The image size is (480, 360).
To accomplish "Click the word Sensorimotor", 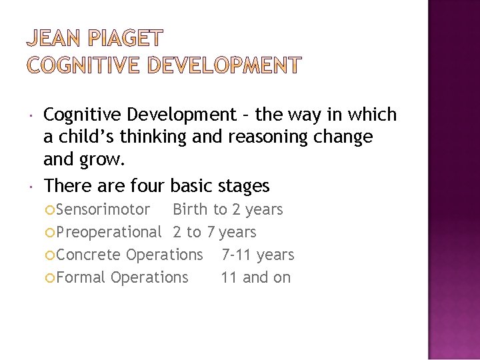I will click(x=103, y=209).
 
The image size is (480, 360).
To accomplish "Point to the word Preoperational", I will click(x=109, y=232).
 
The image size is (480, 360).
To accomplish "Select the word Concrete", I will click(x=89, y=255).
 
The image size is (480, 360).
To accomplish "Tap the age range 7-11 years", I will click(x=257, y=255).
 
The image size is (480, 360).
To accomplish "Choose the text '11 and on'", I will click(x=256, y=277).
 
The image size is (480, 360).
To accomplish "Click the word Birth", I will click(x=191, y=209).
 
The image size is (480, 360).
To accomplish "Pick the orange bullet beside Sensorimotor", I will click(x=51, y=210).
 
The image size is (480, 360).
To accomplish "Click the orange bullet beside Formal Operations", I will click(x=51, y=278).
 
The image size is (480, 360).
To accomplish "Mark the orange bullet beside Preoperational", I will click(x=51, y=233).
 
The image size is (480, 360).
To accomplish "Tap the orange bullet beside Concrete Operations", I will click(x=51, y=255).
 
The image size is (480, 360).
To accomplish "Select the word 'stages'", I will click(x=243, y=185).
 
